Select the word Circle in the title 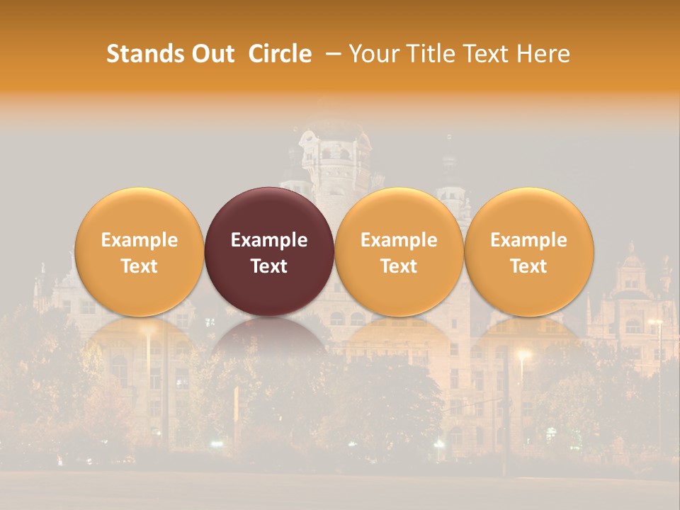(280, 54)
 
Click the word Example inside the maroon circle (269, 240)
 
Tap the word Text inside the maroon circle (269, 266)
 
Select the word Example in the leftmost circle (139, 240)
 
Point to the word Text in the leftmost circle (139, 266)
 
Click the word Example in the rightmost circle (529, 240)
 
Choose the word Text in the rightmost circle (529, 266)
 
